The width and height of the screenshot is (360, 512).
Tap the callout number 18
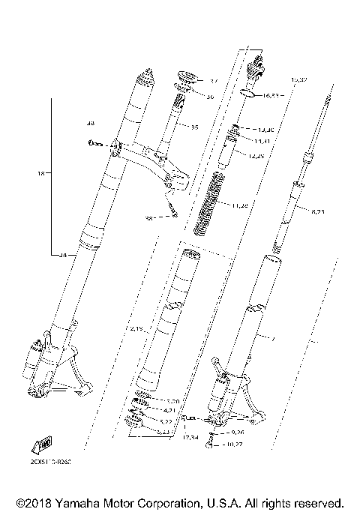(x=40, y=173)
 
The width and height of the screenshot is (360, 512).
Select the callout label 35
(x=194, y=127)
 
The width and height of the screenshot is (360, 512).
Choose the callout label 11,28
(x=240, y=205)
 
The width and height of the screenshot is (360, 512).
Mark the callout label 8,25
(x=319, y=212)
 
